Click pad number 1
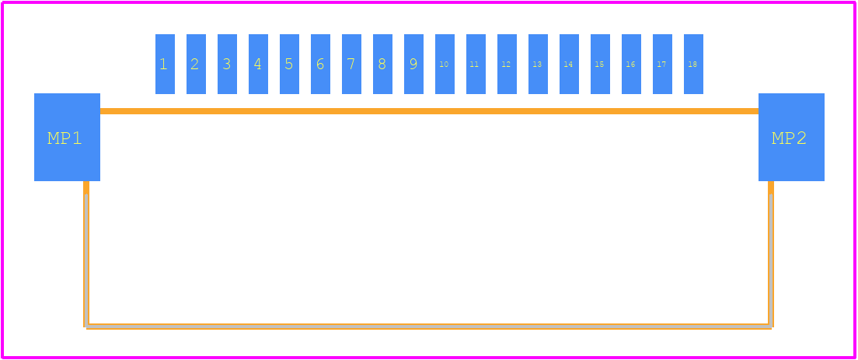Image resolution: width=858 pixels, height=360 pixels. click(x=165, y=64)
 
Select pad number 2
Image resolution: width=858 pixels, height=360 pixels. click(x=196, y=64)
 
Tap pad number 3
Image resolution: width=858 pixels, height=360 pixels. click(x=227, y=64)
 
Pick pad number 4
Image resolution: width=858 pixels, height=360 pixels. click(x=258, y=64)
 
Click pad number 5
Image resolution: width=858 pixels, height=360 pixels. click(x=289, y=64)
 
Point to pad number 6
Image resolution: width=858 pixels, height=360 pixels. click(x=321, y=64)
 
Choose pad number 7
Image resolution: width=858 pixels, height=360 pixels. click(x=351, y=64)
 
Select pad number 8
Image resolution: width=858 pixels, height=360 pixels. click(x=382, y=64)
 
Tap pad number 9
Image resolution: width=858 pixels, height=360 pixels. click(x=413, y=64)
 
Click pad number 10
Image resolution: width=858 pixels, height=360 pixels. click(x=445, y=64)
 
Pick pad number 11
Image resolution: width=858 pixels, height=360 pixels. click(x=476, y=64)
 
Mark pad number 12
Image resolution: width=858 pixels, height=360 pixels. click(x=507, y=64)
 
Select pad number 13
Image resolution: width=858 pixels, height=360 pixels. click(x=538, y=64)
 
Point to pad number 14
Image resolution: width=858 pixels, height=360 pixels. click(x=569, y=64)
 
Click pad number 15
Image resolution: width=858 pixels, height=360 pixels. click(x=600, y=64)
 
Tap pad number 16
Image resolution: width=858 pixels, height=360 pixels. click(x=632, y=64)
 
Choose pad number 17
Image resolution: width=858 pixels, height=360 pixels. click(x=663, y=64)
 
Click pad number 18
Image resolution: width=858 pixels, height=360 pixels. click(x=693, y=64)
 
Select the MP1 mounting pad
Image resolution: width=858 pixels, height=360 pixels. click(x=68, y=138)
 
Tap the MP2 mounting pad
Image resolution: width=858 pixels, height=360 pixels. click(x=791, y=138)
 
